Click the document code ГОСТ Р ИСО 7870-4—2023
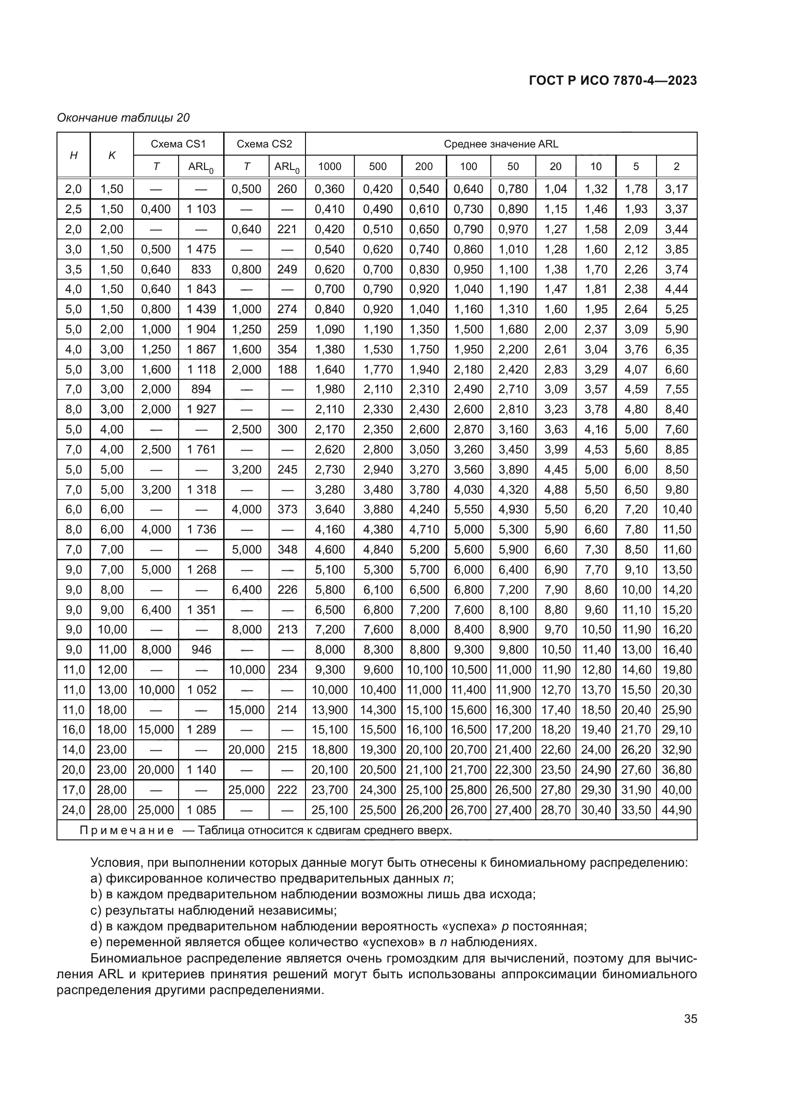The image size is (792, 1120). click(612, 80)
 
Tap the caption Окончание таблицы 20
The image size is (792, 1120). click(123, 118)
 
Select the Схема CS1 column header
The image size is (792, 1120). click(178, 144)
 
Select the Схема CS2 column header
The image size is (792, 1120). click(264, 144)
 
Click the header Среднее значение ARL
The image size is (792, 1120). click(500, 144)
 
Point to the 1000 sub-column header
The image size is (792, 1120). click(329, 166)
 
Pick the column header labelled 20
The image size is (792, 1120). click(555, 166)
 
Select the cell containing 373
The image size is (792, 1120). click(287, 509)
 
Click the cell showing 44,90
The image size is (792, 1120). click(676, 810)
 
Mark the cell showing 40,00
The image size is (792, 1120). click(676, 790)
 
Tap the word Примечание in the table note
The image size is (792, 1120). click(126, 830)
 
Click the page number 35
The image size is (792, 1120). click(690, 1018)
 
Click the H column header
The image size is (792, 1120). click(74, 155)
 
